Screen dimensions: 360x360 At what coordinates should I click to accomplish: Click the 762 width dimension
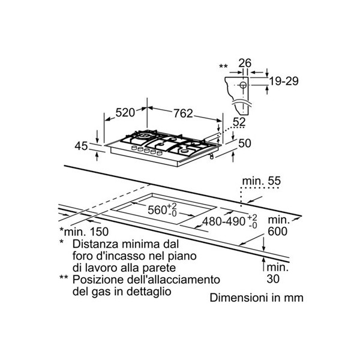(183, 113)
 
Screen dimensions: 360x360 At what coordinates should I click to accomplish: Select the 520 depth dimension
(125, 113)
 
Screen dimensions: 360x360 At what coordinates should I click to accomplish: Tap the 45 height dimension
(81, 146)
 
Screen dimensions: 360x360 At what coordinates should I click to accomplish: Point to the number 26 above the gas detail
(245, 63)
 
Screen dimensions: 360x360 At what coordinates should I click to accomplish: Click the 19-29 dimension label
(284, 81)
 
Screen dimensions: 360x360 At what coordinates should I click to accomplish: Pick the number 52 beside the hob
(239, 122)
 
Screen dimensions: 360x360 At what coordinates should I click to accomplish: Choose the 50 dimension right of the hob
(245, 143)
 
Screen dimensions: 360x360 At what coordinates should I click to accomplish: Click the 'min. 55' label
(262, 181)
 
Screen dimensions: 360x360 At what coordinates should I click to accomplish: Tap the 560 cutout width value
(157, 210)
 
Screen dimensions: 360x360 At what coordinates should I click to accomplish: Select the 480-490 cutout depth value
(224, 221)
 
